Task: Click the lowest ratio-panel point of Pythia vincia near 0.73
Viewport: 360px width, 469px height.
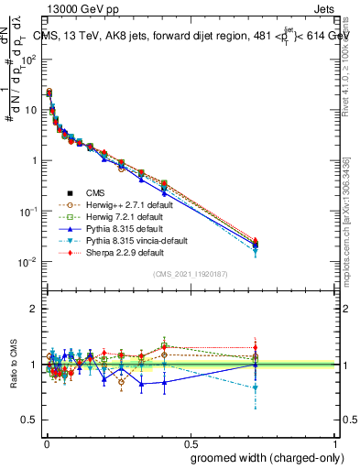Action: pos(256,387)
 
